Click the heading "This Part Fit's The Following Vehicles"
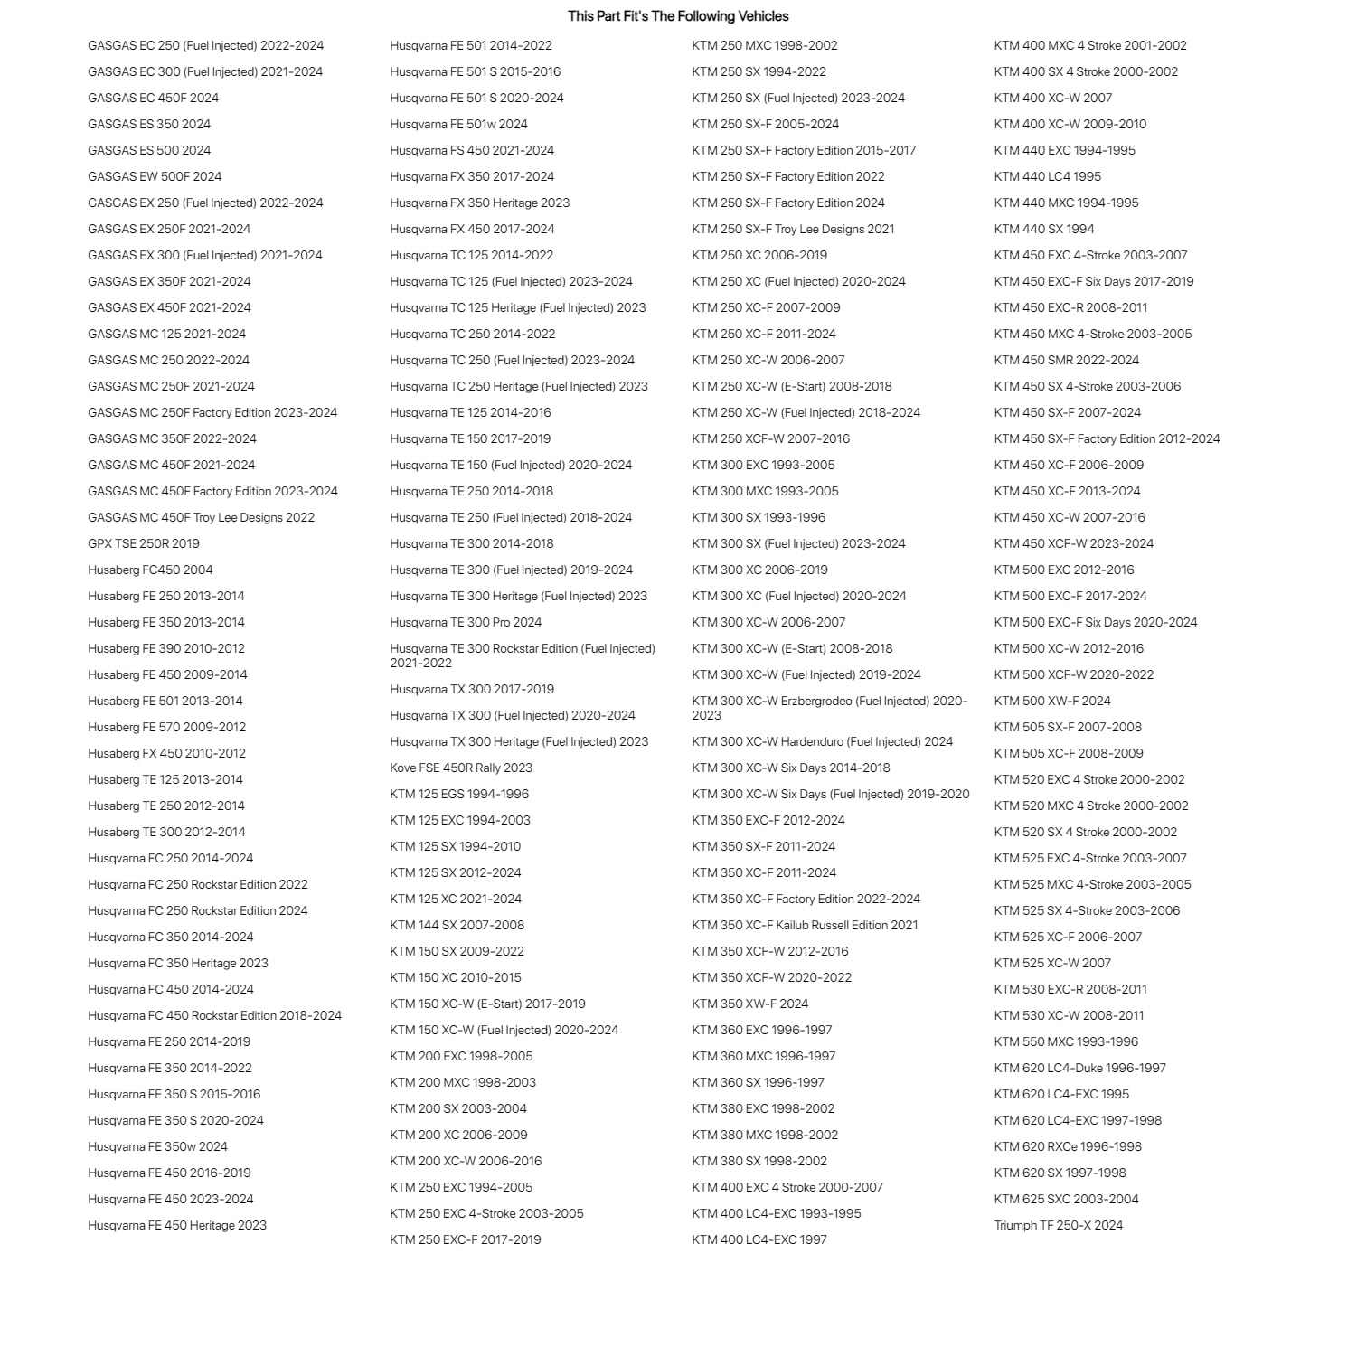coord(678,16)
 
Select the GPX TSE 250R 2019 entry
coord(144,543)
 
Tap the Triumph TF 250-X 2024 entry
coord(1058,1225)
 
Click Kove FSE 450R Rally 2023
coord(461,768)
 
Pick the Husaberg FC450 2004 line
coord(150,570)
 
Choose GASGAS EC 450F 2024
coord(153,98)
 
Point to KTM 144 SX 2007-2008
coord(457,925)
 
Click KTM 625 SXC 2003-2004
coord(1066,1199)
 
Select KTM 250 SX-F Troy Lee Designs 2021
coord(793,229)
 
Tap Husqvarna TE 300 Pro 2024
coord(466,622)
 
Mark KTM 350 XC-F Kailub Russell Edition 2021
coord(805,925)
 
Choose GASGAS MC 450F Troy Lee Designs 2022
coord(201,517)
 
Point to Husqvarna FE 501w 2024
coord(458,124)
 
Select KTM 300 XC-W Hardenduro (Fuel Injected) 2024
coord(822,741)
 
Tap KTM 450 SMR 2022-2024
coord(1066,360)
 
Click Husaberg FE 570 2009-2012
coord(166,727)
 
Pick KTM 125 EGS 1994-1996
coord(459,794)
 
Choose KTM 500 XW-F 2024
coord(1052,701)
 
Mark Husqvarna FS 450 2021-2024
coord(472,150)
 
